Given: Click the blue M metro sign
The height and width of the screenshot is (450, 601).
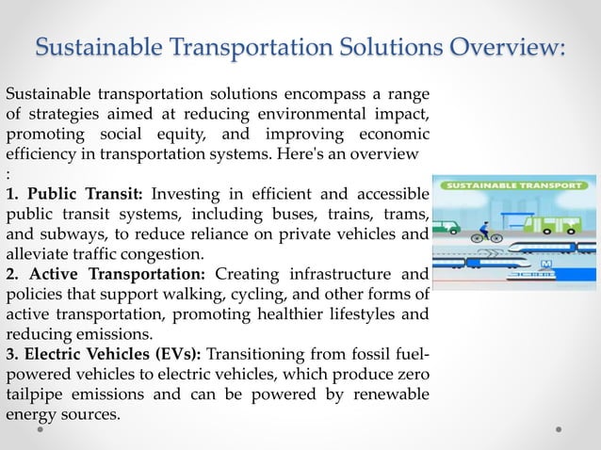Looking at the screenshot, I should click(x=544, y=266).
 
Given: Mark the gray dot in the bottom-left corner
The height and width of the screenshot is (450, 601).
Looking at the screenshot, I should click(x=41, y=429).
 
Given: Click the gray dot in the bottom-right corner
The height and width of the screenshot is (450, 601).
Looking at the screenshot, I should click(x=559, y=429).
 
